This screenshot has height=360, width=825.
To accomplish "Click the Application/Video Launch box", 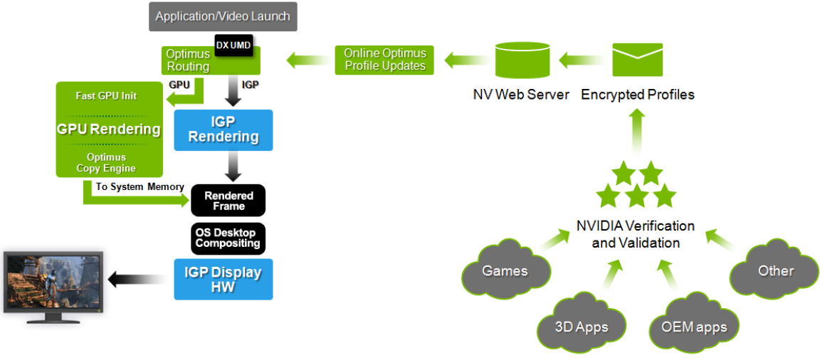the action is (223, 16).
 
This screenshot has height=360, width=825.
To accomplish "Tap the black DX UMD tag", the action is (233, 46).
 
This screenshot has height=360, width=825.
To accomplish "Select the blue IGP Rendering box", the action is (223, 129).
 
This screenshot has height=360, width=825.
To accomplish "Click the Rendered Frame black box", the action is (228, 200).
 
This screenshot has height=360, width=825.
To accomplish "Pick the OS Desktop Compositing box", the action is (228, 238).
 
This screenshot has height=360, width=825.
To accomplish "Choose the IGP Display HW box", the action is (223, 279).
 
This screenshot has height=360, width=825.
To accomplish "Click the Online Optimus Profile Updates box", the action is (384, 60).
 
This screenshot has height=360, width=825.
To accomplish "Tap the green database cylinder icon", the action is (522, 59).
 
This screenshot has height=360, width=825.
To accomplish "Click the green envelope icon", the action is (637, 59).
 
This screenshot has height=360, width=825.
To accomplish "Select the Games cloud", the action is (505, 270).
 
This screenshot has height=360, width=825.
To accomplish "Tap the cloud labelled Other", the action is (774, 270).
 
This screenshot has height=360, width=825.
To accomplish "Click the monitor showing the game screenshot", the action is (53, 287).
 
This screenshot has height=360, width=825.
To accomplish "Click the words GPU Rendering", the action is (108, 129).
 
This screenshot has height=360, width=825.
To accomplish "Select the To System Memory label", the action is (140, 186).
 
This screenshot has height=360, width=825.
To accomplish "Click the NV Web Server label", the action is (521, 95).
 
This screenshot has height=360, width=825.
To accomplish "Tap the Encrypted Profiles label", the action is (638, 95).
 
